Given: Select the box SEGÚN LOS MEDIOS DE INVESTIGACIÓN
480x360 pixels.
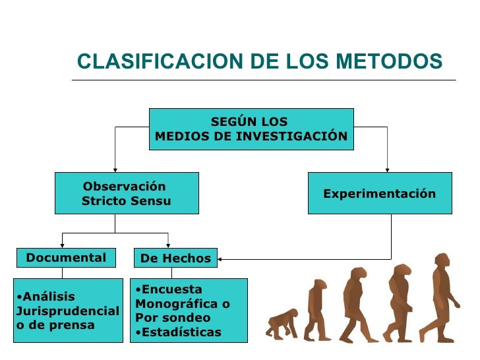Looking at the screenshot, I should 251,129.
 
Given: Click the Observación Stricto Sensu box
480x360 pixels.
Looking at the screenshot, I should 127,193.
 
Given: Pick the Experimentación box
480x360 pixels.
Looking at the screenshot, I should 380,193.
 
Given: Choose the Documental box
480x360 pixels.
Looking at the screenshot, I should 66,258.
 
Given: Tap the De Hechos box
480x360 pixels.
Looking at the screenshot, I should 175,258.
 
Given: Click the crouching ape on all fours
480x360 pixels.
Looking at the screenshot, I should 282,324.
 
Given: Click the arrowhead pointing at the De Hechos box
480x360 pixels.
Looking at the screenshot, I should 221,258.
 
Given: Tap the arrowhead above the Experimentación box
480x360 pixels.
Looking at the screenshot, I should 387,169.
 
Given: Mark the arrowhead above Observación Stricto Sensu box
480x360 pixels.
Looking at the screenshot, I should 115,169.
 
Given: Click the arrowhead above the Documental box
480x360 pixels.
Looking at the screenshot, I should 62,245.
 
